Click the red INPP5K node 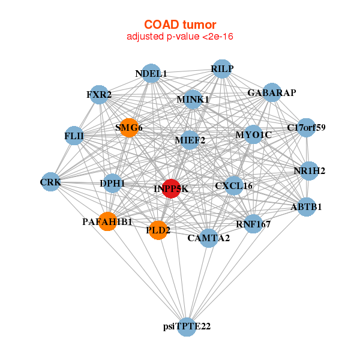pyautogui.click(x=172, y=188)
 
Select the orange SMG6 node pyautogui.click(x=128, y=127)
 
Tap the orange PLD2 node pyautogui.click(x=158, y=230)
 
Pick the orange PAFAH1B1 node pyautogui.click(x=107, y=222)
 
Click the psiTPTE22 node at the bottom pyautogui.click(x=187, y=326)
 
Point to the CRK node pyautogui.click(x=51, y=182)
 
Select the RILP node pyautogui.click(x=222, y=69)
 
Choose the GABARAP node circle pyautogui.click(x=271, y=92)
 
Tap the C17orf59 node pyautogui.click(x=306, y=128)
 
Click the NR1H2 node pyautogui.click(x=308, y=171)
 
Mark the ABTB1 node pyautogui.click(x=307, y=207)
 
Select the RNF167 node pyautogui.click(x=253, y=224)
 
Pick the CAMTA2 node pyautogui.click(x=208, y=238)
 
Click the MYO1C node pyautogui.click(x=253, y=135)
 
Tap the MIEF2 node pyautogui.click(x=190, y=140)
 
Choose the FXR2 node pyautogui.click(x=99, y=95)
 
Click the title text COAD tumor pyautogui.click(x=180, y=25)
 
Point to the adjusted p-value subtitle pyautogui.click(x=180, y=37)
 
